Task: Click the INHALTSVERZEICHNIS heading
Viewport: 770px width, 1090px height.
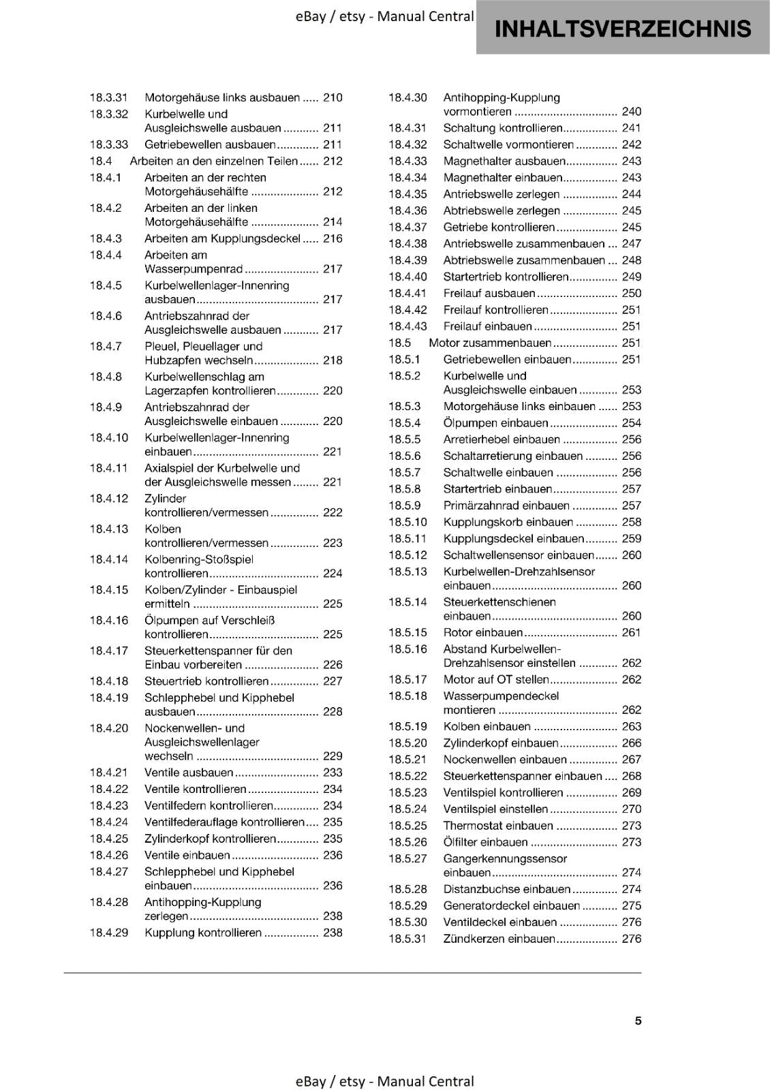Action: pos(623,29)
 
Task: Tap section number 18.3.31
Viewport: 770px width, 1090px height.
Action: pos(109,97)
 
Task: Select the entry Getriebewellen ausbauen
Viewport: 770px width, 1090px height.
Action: pos(210,144)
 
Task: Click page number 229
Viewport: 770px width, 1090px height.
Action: pos(333,756)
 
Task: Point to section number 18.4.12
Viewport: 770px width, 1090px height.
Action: pos(109,499)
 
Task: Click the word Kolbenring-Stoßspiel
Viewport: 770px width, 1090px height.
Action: pos(199,559)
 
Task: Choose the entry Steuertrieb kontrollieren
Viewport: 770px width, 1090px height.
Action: pos(206,681)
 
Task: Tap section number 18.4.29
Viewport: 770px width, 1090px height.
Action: pos(109,933)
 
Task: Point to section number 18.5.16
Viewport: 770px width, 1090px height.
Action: pos(407,649)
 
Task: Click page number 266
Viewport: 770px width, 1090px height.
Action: pos(632,743)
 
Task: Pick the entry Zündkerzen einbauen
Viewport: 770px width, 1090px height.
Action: pos(499,939)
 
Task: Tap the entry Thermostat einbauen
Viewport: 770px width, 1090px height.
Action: pos(498,826)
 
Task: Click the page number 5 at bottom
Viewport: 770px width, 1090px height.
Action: pos(638,1021)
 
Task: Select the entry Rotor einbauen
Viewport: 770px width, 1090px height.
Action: pos(483,633)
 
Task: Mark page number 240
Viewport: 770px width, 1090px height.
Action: pos(632,112)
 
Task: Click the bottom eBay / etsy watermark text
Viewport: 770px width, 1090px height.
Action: pos(385,1081)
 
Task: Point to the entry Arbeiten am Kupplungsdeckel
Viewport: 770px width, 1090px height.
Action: pos(222,238)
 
